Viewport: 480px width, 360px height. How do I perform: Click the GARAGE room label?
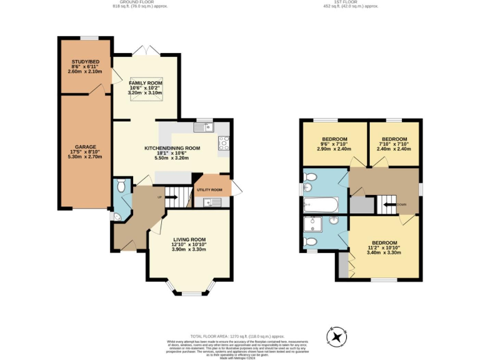point(85,147)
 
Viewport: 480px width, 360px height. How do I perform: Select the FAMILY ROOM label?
point(146,83)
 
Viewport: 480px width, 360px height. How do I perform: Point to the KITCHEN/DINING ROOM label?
point(172,148)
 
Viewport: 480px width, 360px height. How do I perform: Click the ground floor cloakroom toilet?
point(121,185)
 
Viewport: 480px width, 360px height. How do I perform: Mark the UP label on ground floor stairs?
point(160,197)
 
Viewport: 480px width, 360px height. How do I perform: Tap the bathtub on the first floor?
point(321,204)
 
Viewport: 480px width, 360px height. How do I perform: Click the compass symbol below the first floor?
point(337,337)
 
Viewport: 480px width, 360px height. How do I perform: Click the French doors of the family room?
point(146,49)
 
